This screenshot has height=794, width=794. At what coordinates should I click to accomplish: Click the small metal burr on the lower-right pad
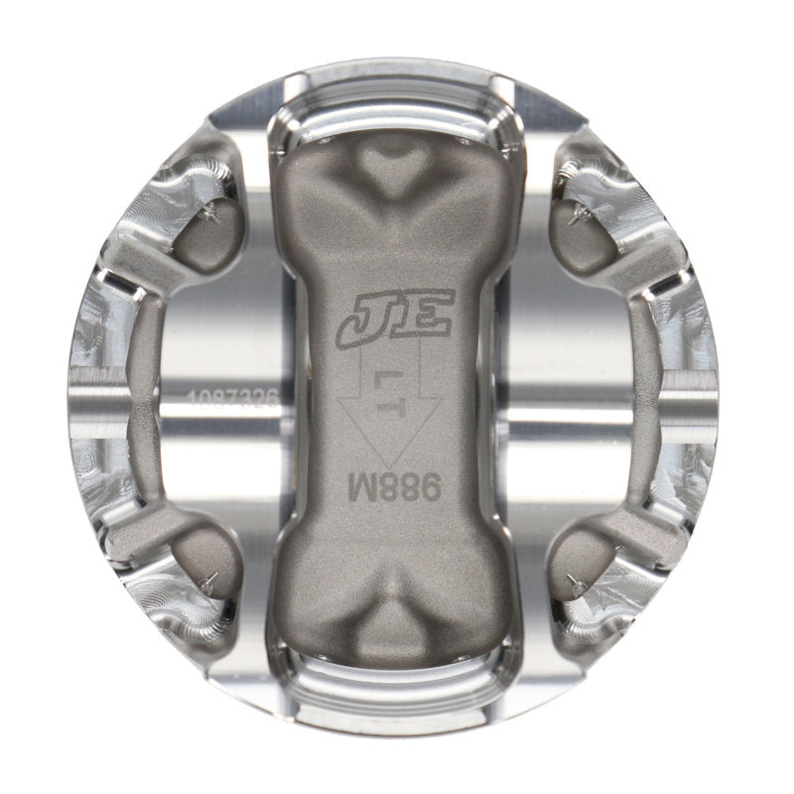coord(574,582)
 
